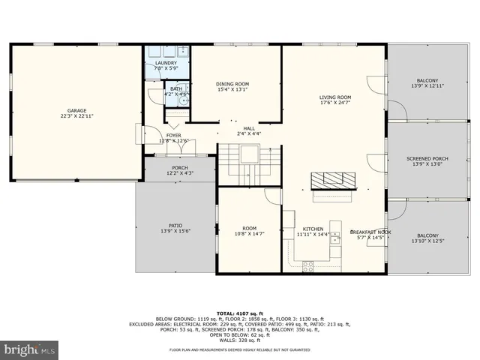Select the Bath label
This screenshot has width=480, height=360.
[175, 91]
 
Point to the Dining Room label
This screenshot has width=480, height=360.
[232, 87]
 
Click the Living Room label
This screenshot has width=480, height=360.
[335, 100]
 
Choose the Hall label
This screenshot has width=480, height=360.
[249, 130]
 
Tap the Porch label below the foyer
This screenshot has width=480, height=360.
[179, 170]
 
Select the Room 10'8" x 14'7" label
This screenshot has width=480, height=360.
[249, 231]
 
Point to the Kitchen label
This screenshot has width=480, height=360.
[313, 231]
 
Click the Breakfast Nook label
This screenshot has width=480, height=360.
[370, 235]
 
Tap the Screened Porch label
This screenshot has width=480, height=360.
[427, 161]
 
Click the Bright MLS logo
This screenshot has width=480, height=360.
[28, 349]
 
